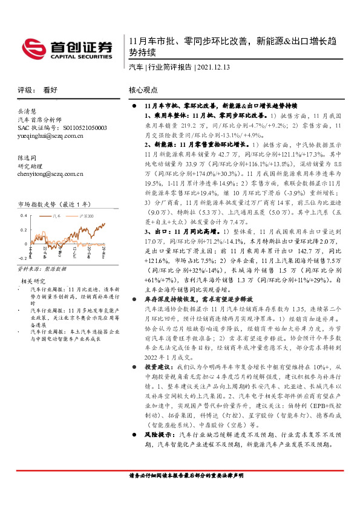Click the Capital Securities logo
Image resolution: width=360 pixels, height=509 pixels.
tap(67, 48)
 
